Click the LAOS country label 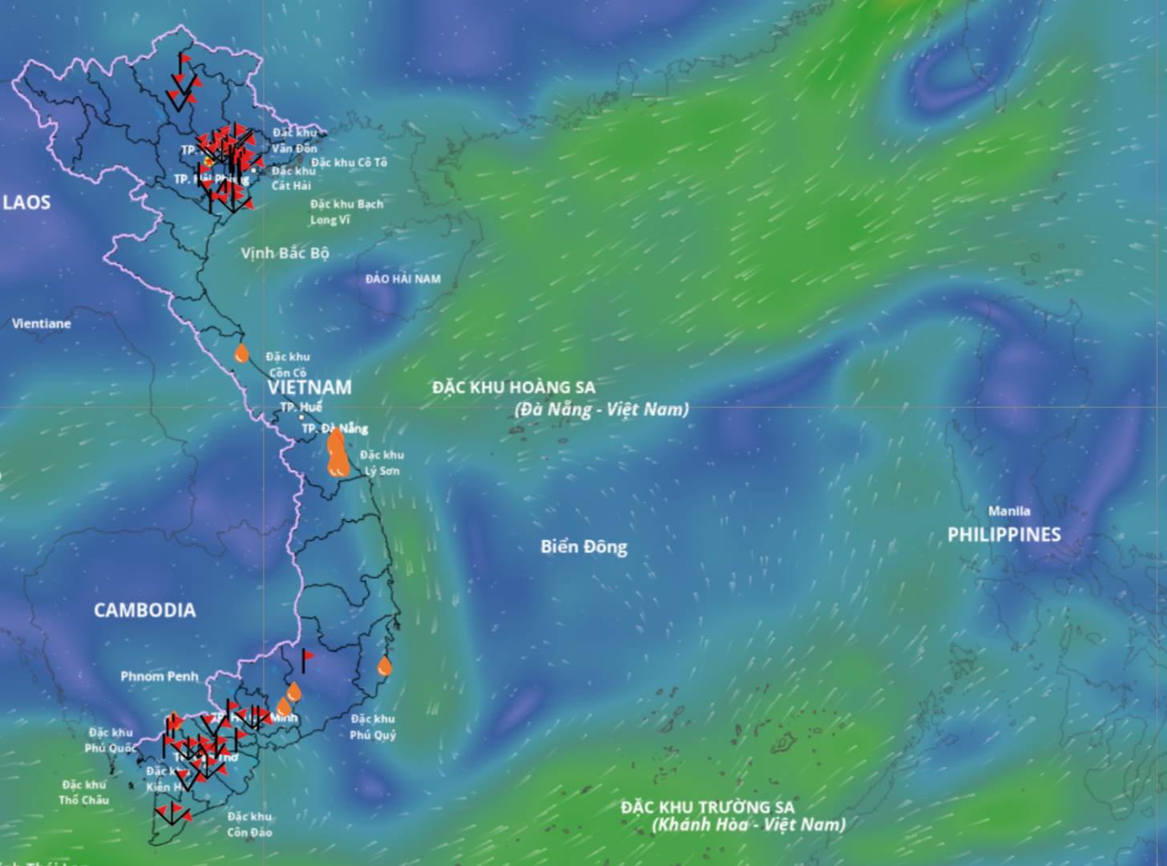coord(26,202)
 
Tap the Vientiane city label coord(42,324)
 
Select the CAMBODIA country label coord(144,610)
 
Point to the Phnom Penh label coord(159,677)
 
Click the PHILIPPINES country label coord(1003,535)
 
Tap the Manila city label coord(1009,511)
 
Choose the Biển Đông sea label coord(583,547)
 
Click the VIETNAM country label coord(309,387)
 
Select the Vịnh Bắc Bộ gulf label coord(285,253)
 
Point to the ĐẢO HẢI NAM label coord(402,279)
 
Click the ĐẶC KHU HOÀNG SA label coord(514,387)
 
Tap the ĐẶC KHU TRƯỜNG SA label coord(707,807)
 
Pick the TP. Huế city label coord(301,407)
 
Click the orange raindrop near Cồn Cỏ coord(241,354)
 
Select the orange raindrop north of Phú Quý coord(385,666)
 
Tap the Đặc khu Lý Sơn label coord(382,463)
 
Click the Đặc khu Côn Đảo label coord(249,824)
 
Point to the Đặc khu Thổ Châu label coord(84,792)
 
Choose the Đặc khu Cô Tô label coord(349,162)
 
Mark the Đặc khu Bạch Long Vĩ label coord(346,212)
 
